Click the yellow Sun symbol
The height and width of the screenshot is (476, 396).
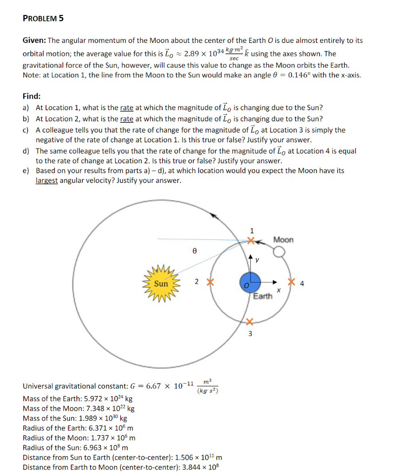[x=161, y=283]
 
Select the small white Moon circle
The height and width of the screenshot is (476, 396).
[x=279, y=252]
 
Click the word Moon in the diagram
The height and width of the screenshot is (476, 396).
[x=283, y=239]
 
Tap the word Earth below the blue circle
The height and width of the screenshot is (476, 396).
[x=263, y=296]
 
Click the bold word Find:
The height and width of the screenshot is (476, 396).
[x=32, y=96]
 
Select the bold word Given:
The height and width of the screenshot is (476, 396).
[x=34, y=41]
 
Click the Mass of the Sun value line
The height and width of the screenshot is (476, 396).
[x=78, y=418]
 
